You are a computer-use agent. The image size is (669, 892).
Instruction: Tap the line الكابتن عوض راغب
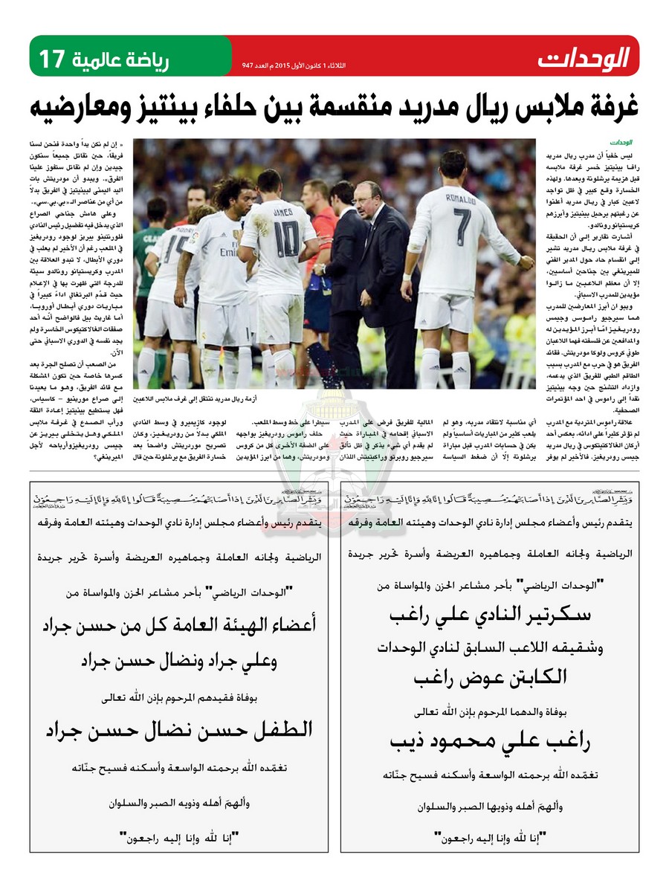click(x=490, y=676)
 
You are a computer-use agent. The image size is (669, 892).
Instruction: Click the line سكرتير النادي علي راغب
click(x=490, y=616)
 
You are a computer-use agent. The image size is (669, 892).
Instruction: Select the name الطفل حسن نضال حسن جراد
click(x=178, y=730)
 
